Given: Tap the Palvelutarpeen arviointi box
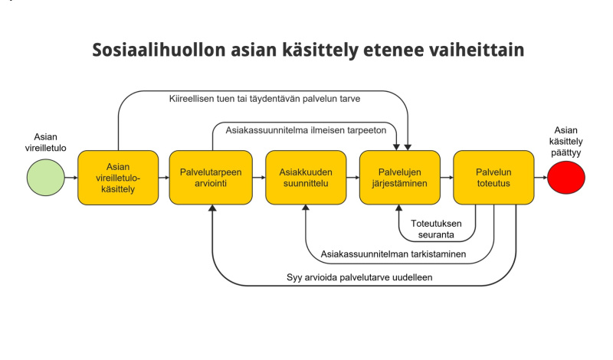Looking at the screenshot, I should (211, 177).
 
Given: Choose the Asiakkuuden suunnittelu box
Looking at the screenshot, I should (305, 177).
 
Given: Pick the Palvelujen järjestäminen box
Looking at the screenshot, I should (400, 177).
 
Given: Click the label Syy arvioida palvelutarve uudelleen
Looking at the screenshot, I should (356, 277).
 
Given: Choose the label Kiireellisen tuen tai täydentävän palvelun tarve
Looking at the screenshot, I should (264, 98).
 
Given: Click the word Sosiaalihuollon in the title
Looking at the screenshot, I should (157, 51).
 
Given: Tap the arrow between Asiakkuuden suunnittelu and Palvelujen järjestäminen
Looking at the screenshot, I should (352, 177).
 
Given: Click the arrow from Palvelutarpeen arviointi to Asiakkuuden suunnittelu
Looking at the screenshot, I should (258, 177).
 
